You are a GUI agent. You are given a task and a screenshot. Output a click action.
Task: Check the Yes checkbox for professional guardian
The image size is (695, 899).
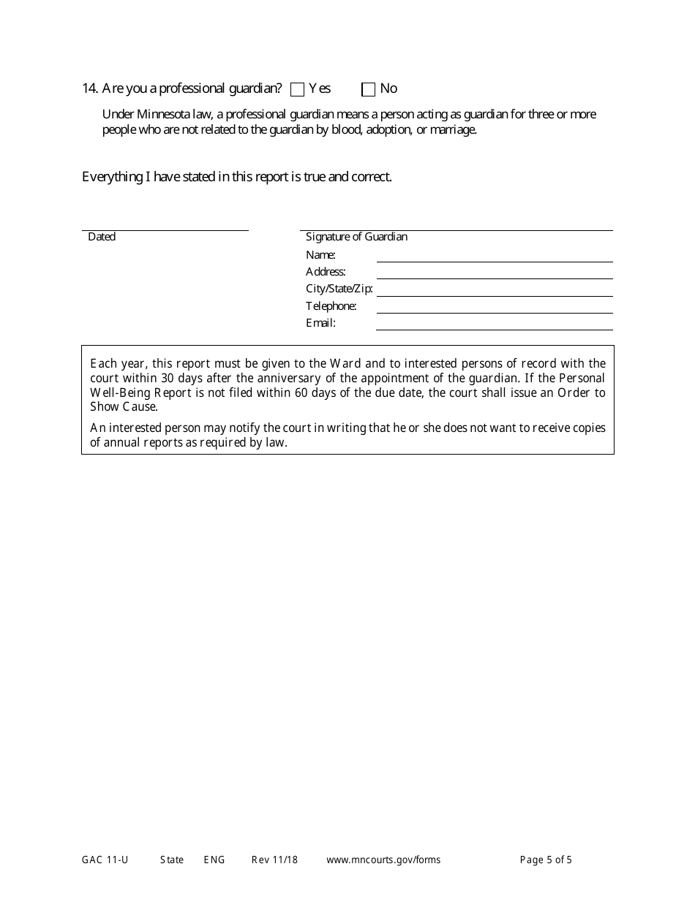(297, 90)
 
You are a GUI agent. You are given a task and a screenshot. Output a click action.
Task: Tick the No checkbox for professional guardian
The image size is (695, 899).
(369, 90)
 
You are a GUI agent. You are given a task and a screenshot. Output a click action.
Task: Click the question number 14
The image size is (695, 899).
(89, 88)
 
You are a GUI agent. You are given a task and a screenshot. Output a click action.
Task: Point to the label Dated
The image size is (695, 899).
(102, 237)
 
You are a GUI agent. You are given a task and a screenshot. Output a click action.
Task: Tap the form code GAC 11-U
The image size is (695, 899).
(105, 860)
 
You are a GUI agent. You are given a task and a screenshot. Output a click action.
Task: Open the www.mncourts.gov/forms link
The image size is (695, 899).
(383, 860)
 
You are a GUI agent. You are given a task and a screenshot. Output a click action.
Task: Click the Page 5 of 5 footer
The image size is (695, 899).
(546, 860)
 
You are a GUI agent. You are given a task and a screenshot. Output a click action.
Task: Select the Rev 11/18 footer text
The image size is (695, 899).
(274, 860)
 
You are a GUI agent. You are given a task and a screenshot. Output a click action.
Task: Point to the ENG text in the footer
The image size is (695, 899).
(214, 860)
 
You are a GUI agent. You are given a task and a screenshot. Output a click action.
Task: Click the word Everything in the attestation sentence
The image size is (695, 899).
(111, 177)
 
